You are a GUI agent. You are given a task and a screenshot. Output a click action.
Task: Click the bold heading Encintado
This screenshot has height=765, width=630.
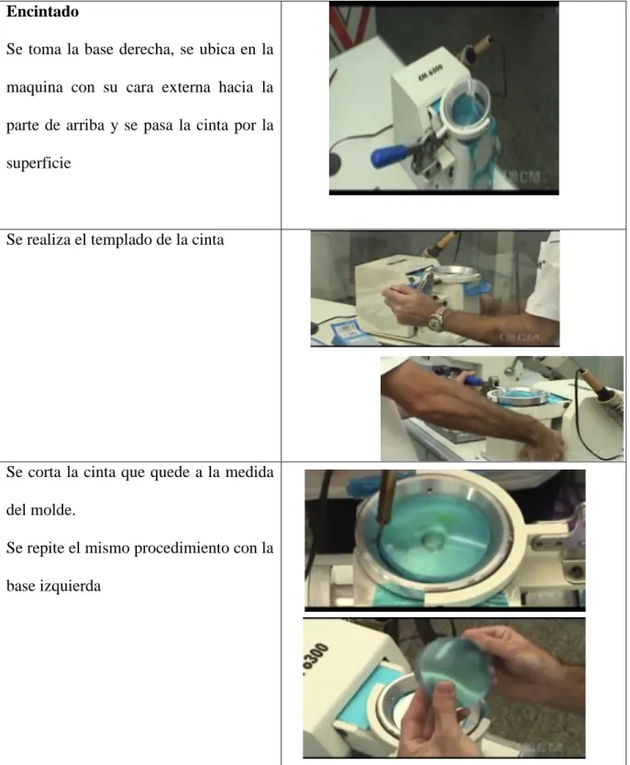[x=42, y=12]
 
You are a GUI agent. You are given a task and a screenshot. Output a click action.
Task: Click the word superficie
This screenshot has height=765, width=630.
[x=39, y=163]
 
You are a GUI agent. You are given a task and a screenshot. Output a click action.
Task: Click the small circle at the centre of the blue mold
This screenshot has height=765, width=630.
[x=431, y=540]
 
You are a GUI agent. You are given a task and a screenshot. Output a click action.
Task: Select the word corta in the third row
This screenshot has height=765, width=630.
[x=50, y=472]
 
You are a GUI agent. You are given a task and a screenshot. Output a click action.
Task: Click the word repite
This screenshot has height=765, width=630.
[x=47, y=549]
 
